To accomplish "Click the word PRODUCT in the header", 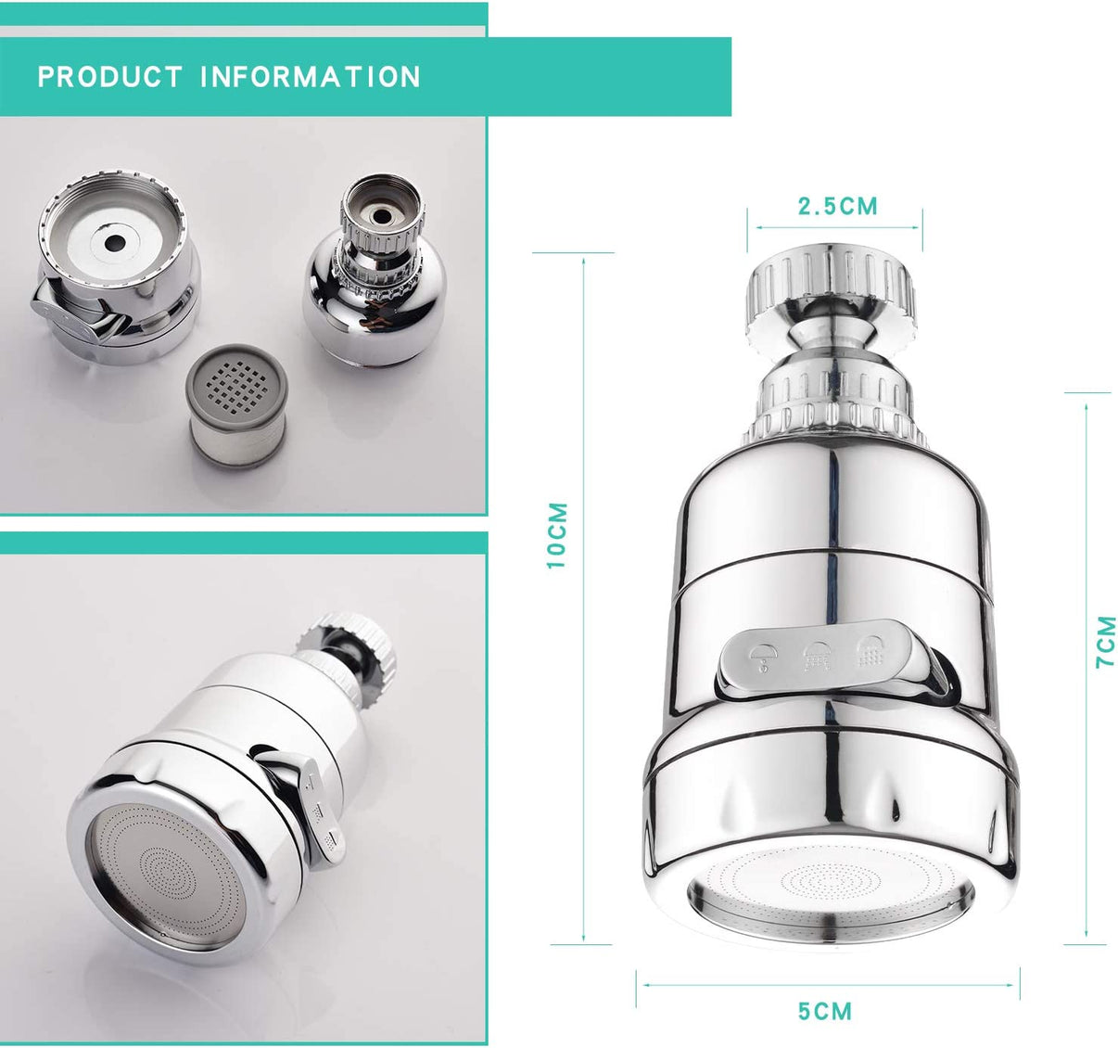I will click(x=109, y=77).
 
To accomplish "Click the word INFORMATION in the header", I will click(x=311, y=77).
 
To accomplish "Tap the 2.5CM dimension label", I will click(x=837, y=206).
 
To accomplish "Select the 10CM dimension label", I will click(x=556, y=535).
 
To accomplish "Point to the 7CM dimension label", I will click(x=1106, y=641).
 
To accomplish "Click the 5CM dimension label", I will click(x=825, y=1010).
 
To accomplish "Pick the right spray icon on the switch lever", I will click(x=871, y=649).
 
